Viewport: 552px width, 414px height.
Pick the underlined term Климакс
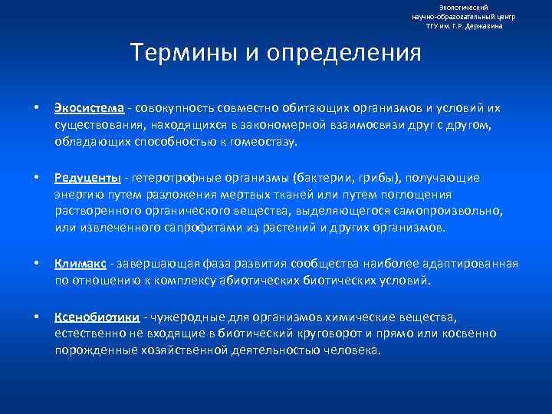[80, 264]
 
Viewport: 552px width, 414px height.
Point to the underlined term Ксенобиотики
[97, 317]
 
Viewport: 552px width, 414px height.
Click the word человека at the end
[353, 350]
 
